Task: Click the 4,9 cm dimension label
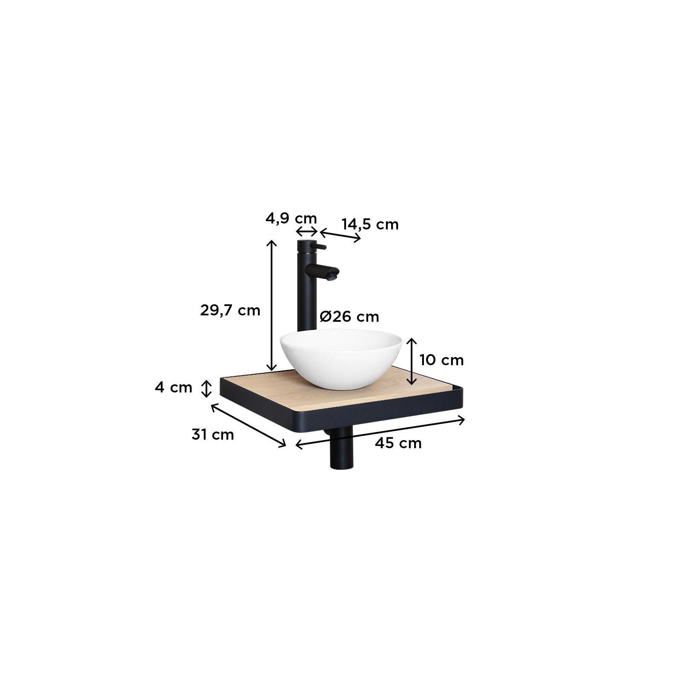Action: (x=291, y=219)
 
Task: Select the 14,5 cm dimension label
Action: (x=370, y=224)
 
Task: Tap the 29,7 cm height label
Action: (x=230, y=310)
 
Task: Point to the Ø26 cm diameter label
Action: (x=349, y=317)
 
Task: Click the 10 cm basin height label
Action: (x=441, y=360)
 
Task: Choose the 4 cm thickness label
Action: (x=174, y=388)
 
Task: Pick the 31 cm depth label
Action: (x=212, y=435)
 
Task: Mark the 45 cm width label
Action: (x=398, y=443)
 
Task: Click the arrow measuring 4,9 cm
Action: (x=307, y=232)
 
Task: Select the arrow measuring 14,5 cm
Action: (x=340, y=235)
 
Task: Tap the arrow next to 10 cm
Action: (x=412, y=361)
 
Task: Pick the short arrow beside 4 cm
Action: (x=206, y=388)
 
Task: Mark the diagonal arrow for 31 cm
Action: (x=249, y=426)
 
